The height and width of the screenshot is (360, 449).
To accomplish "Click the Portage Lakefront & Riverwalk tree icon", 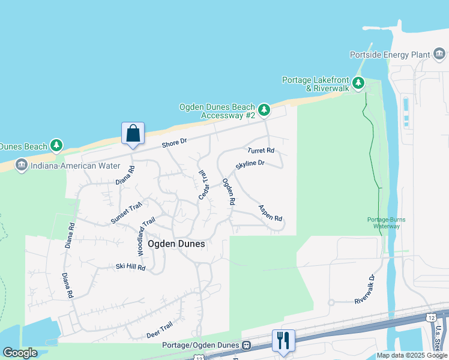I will coord(358,83).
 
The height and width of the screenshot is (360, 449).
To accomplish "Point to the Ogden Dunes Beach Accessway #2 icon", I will coord(264,110).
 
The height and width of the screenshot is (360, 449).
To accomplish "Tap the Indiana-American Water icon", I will coord(22,164).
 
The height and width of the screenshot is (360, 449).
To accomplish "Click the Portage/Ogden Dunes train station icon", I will coord(246,346).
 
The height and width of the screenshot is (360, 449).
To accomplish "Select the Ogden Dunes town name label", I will coord(176,244).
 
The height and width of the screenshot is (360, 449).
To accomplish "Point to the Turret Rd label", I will coord(261,150).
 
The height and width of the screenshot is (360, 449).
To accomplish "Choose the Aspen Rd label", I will coord(270,213).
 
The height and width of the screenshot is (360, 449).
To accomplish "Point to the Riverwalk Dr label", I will coord(364,289).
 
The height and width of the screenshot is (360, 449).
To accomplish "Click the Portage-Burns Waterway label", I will coord(384,223).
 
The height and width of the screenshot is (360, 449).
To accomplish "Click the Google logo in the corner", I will coord(20,353).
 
